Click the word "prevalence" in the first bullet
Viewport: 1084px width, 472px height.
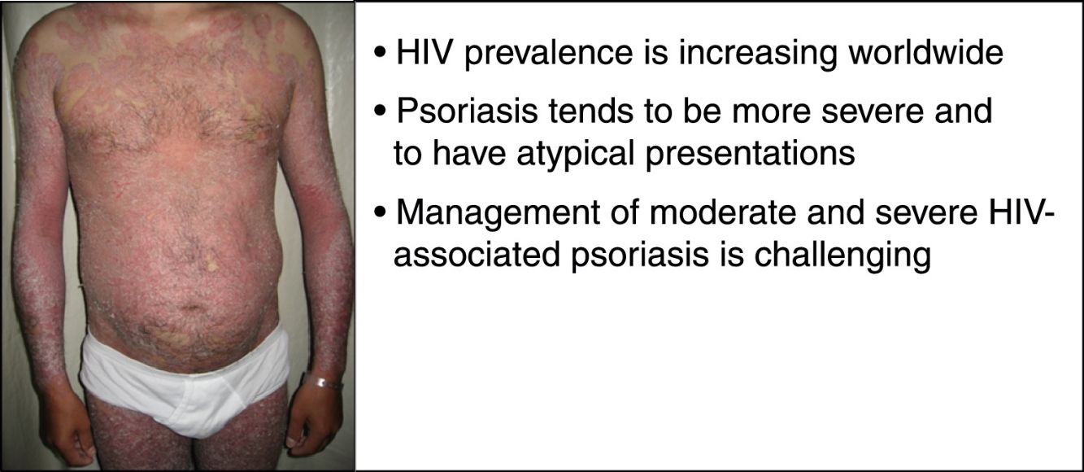tap(549, 53)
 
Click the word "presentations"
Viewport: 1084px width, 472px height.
tap(751, 154)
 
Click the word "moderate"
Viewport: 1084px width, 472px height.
tap(722, 212)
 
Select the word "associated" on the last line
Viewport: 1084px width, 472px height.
tap(477, 254)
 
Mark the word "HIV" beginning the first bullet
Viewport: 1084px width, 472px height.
tap(424, 52)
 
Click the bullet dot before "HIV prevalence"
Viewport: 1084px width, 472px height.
tap(381, 52)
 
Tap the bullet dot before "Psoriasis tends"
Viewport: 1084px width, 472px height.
tap(381, 111)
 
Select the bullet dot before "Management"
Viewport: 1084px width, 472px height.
tap(381, 212)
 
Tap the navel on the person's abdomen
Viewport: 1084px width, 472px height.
tap(193, 307)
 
